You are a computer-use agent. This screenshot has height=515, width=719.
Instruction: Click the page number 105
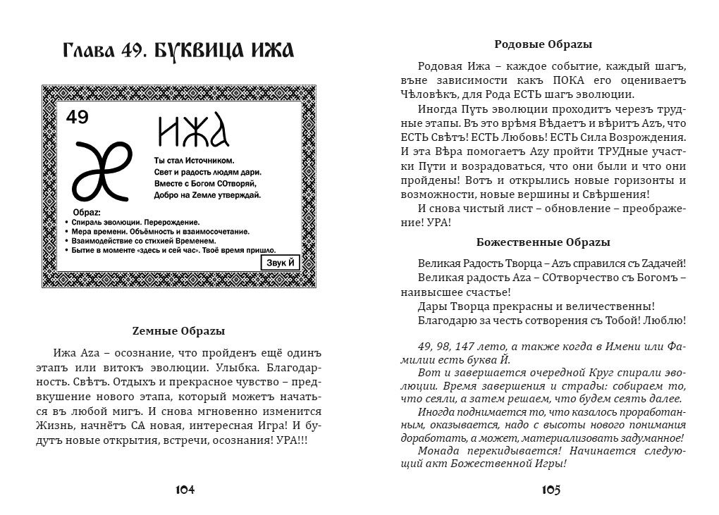(x=551, y=490)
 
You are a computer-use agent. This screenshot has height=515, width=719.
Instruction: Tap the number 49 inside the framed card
(x=78, y=117)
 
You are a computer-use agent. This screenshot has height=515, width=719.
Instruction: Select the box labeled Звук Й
(x=281, y=262)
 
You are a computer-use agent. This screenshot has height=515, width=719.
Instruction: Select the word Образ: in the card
(x=87, y=212)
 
